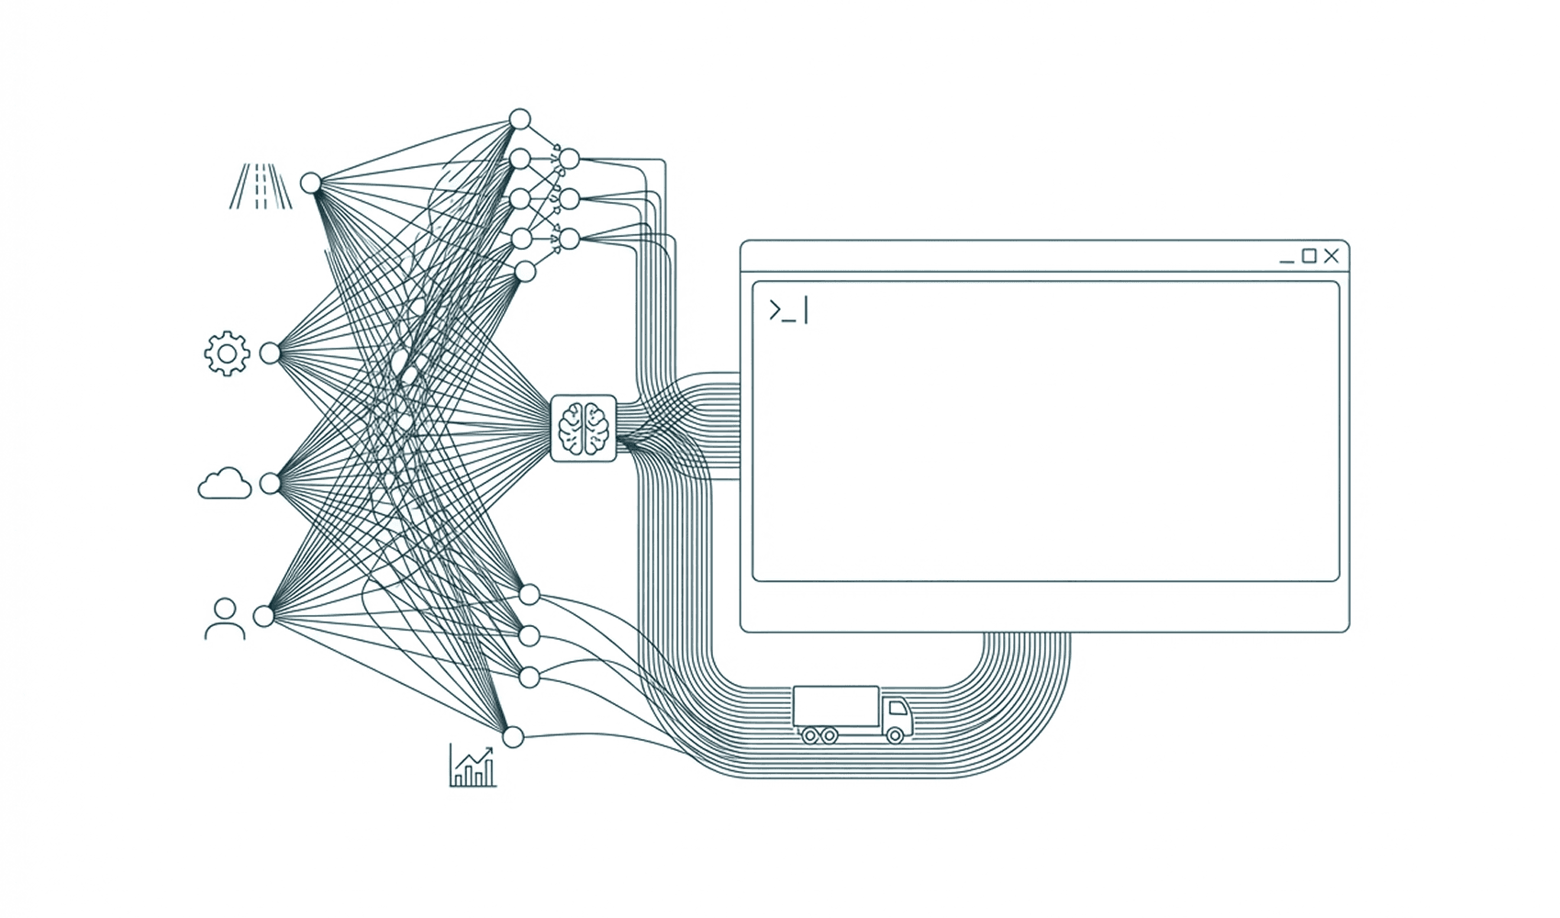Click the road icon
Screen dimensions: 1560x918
point(261,186)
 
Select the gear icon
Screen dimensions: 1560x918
point(227,353)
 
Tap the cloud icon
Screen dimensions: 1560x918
point(225,484)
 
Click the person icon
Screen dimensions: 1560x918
point(225,619)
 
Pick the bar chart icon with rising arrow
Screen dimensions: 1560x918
point(473,766)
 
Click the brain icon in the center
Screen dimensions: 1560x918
point(584,428)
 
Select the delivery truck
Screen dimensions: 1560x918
point(852,713)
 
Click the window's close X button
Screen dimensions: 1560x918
point(1332,256)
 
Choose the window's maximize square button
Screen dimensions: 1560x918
point(1309,256)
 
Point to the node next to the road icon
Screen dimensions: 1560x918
point(311,183)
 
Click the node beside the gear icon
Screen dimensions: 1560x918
point(270,353)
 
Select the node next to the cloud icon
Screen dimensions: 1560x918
point(270,484)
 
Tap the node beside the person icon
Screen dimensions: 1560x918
point(264,616)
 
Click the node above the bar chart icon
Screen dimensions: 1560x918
point(513,737)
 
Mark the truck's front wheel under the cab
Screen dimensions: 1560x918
point(895,734)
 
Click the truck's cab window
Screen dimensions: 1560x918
point(897,708)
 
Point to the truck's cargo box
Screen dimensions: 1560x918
point(835,706)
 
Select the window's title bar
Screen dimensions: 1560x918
point(1009,256)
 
